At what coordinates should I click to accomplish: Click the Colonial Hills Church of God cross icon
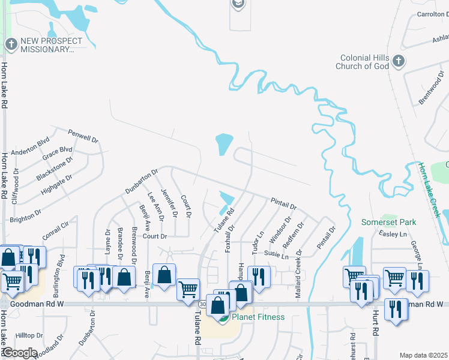tap(398, 61)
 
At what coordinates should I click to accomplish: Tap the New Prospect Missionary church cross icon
tap(10, 44)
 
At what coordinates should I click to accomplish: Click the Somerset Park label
tap(388, 222)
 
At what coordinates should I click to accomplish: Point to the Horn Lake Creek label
tap(430, 190)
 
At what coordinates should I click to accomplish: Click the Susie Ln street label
tap(277, 257)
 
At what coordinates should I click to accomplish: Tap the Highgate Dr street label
tap(56, 185)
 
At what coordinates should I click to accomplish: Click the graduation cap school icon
tap(238, 4)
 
